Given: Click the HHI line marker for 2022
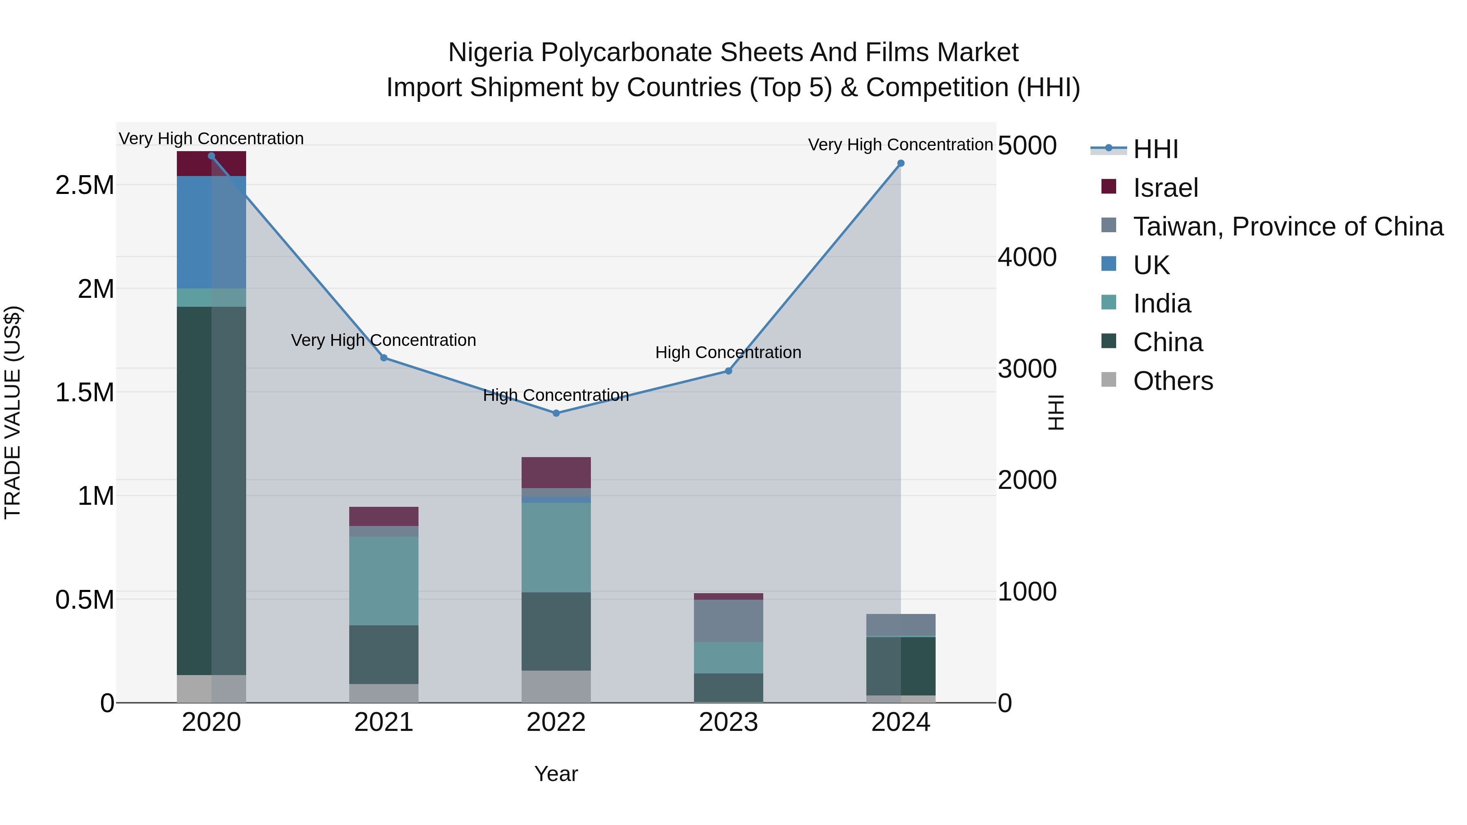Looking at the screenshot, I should pos(556,414).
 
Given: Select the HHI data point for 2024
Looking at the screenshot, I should pos(900,163).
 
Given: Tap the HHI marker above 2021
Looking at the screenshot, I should pos(384,358).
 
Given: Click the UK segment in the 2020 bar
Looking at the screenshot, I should pos(211,232).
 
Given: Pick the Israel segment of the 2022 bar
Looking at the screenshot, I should pos(556,473).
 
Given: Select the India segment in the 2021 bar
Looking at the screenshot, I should pos(384,581).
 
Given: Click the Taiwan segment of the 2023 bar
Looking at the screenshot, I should pos(728,620).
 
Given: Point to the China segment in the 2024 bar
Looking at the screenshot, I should pos(900,666).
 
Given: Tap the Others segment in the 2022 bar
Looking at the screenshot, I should pos(556,686).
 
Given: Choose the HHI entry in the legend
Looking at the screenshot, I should pos(1155,149).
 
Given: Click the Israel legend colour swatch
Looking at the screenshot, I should pos(1108,186).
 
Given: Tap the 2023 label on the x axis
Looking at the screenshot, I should pos(728,722).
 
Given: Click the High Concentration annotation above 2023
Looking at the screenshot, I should pos(728,352).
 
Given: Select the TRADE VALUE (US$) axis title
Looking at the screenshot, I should pos(13,412).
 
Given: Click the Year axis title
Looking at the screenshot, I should pos(556,774).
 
